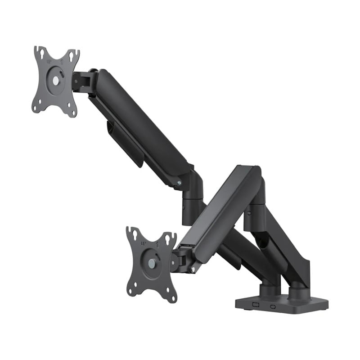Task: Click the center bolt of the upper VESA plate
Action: coord(55,81)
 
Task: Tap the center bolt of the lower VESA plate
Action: coord(152,264)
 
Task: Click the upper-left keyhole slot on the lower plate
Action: coord(134,234)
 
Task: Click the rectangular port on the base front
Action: coord(256,304)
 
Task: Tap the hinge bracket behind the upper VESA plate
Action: coord(84,81)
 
